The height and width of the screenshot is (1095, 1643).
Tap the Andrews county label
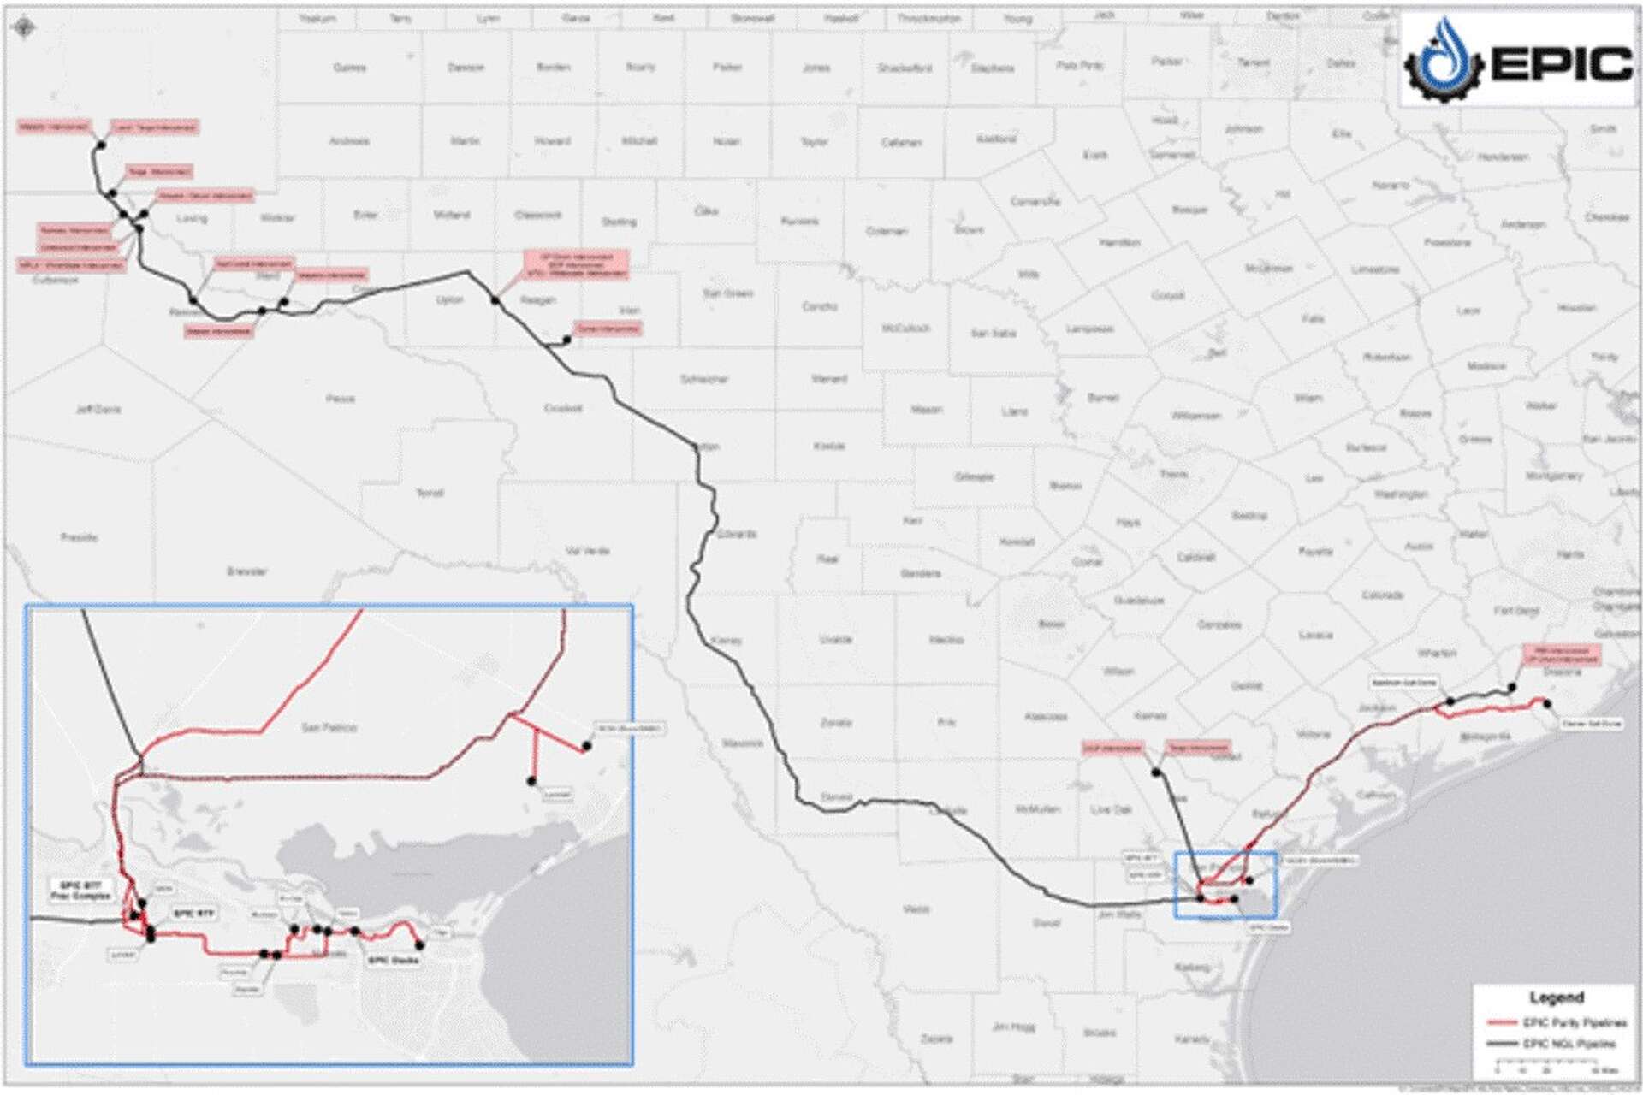(349, 141)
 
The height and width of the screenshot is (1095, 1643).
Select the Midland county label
(452, 215)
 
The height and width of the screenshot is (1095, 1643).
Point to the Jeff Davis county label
(98, 410)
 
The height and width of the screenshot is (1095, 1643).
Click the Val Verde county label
(587, 551)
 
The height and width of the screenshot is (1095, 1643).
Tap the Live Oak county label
(1111, 809)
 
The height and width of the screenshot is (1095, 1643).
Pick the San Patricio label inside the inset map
(329, 728)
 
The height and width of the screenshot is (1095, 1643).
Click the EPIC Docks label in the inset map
(394, 961)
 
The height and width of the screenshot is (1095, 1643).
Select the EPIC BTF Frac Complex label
(81, 891)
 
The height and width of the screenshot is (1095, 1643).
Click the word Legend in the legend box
(1556, 997)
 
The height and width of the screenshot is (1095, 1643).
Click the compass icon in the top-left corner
(24, 28)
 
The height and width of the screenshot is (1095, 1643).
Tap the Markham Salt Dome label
(1403, 683)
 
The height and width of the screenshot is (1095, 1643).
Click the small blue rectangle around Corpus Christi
(1225, 885)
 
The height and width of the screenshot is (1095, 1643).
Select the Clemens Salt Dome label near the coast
(1591, 724)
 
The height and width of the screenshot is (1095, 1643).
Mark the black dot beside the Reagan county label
(495, 300)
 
